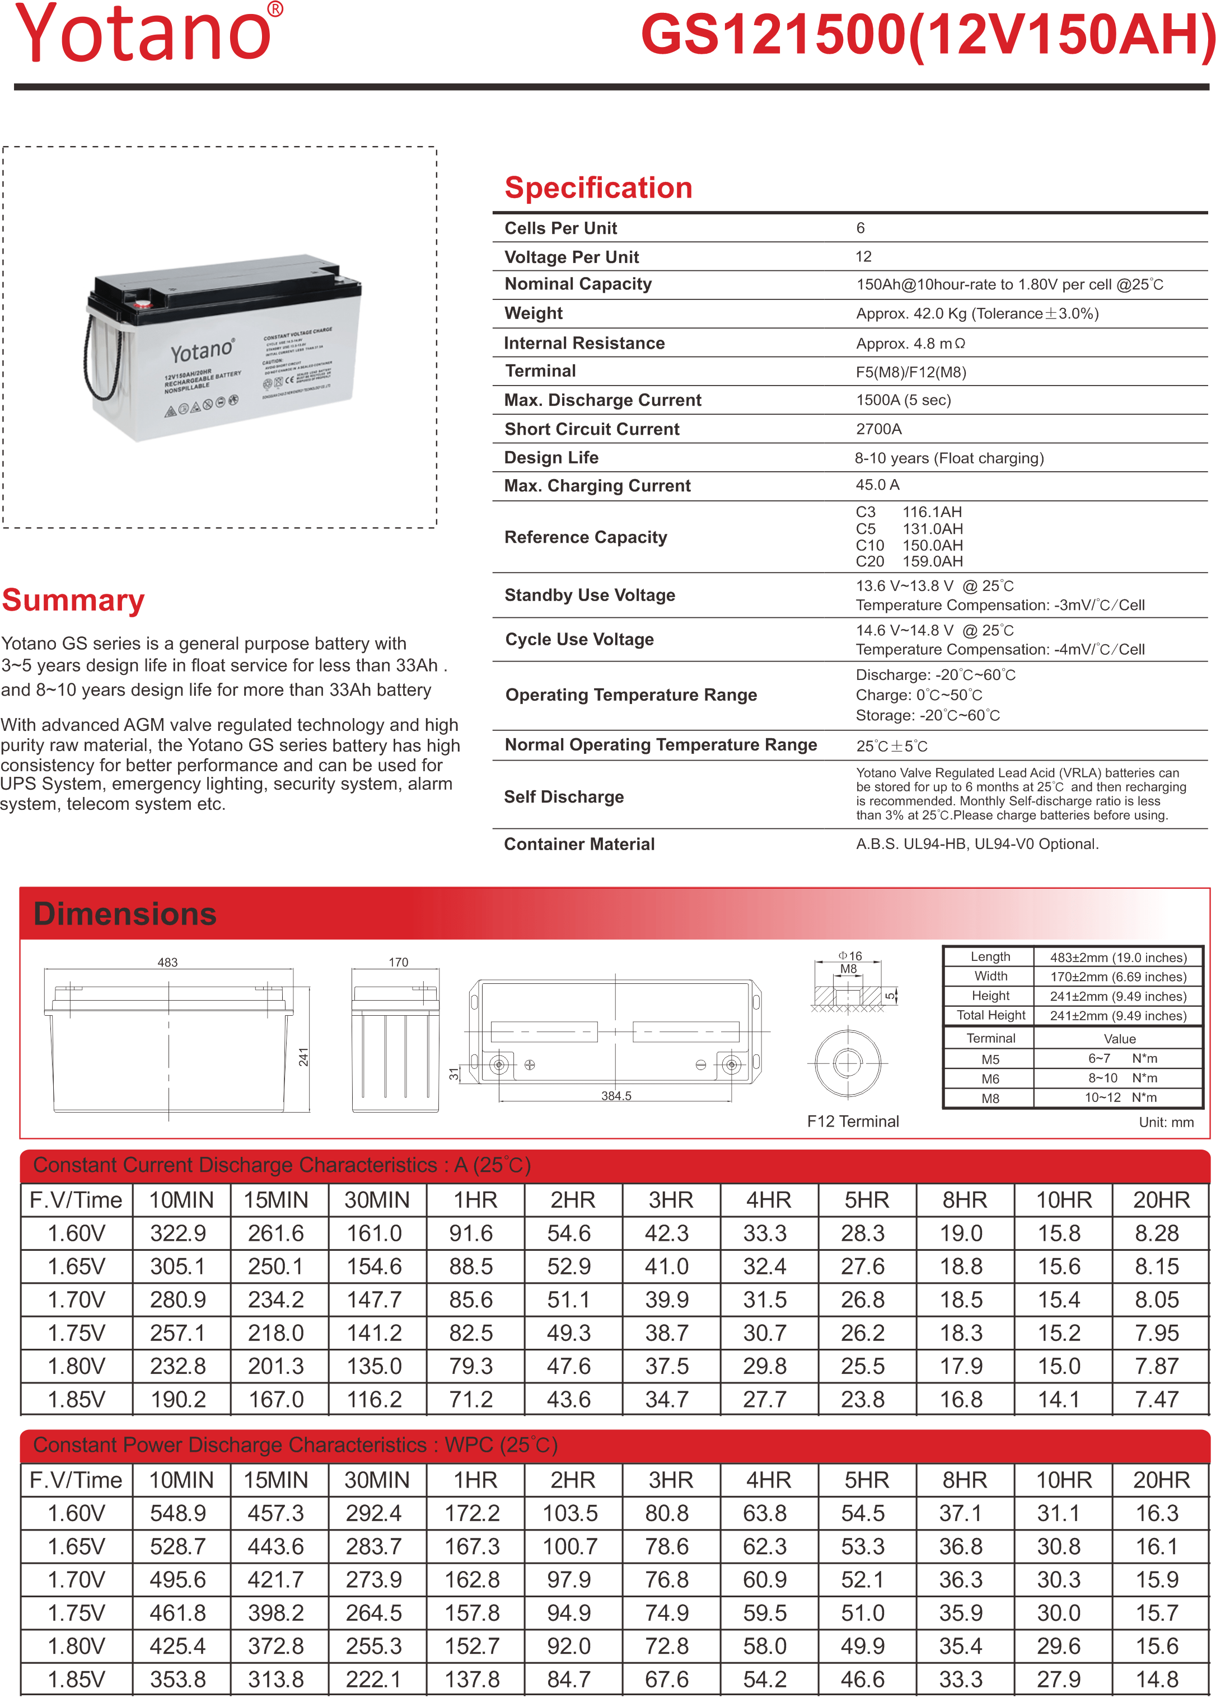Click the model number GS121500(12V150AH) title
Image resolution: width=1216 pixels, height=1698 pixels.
coord(927,35)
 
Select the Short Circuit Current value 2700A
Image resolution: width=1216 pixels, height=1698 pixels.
coord(878,429)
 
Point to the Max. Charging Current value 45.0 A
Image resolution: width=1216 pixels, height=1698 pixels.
coord(877,485)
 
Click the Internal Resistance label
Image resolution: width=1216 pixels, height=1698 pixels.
coord(584,343)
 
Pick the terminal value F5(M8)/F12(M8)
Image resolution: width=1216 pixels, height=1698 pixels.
coord(910,372)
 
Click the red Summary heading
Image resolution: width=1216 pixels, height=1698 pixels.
coord(73,600)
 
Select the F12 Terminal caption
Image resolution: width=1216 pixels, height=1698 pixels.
coord(852,1121)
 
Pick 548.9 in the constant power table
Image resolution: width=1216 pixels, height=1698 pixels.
coord(177,1513)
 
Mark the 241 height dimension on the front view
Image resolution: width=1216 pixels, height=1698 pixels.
coord(303,1057)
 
